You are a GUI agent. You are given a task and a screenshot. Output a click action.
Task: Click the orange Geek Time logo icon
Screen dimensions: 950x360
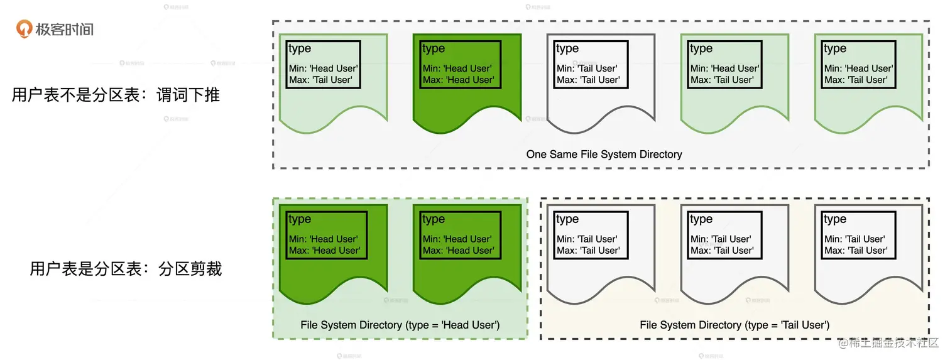pos(24,29)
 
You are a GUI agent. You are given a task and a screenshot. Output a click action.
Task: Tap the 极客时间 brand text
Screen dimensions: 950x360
pos(65,30)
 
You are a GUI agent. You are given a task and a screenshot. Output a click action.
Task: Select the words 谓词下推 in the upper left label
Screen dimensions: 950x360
pos(188,95)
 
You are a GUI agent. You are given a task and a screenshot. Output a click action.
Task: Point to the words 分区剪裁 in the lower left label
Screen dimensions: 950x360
pos(190,269)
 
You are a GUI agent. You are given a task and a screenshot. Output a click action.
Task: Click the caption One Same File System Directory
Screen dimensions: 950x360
pos(604,155)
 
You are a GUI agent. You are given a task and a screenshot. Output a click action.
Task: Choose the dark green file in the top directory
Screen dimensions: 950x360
pos(467,84)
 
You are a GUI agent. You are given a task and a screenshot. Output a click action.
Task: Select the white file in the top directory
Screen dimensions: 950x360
pos(601,84)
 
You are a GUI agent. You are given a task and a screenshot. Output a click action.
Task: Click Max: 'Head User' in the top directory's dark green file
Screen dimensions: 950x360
pos(458,80)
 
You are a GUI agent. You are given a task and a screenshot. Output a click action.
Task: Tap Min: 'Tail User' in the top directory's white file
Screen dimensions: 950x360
pos(587,68)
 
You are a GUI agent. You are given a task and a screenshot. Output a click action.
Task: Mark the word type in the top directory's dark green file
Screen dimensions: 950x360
pos(434,49)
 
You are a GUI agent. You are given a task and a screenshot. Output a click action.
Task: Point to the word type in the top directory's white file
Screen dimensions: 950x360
pos(567,49)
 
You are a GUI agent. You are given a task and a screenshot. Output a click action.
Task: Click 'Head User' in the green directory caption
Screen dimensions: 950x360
pos(470,325)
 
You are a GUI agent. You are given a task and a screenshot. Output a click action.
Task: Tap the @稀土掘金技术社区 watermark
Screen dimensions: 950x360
pos(888,342)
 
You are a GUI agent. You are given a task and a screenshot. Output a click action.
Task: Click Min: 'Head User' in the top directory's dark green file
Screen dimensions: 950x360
pos(457,68)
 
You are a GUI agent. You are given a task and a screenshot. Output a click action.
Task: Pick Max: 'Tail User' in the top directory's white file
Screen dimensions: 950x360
pos(588,80)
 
